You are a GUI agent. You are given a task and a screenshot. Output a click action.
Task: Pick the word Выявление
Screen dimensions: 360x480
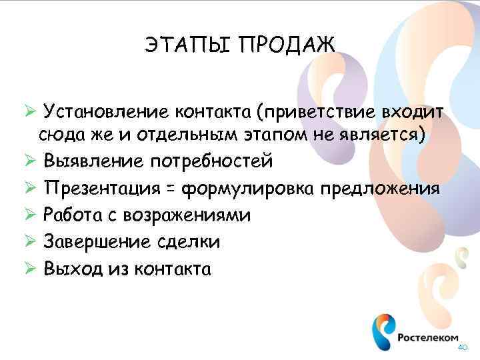tap(93, 161)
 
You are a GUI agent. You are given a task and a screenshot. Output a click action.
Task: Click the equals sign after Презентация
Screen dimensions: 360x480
tap(171, 189)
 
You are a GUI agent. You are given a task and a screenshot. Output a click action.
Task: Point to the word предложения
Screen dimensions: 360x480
tap(380, 189)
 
